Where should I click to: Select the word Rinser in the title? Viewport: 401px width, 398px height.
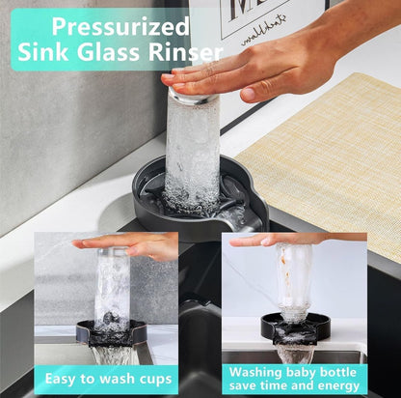click(173, 52)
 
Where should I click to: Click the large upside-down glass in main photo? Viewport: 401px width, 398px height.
click(192, 145)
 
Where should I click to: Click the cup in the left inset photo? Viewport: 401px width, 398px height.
click(113, 290)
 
